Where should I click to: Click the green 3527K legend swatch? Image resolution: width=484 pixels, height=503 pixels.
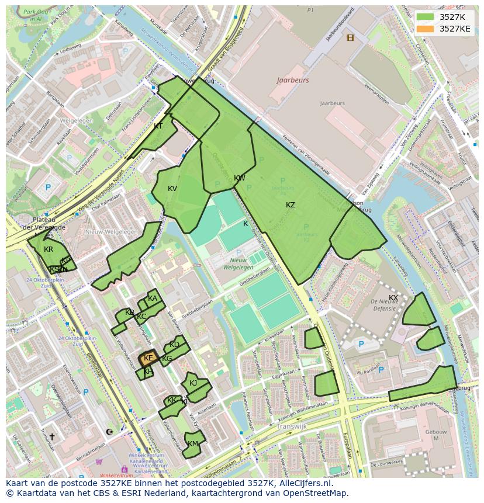pos(426,17)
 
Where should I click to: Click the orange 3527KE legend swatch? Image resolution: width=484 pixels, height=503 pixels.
pos(426,29)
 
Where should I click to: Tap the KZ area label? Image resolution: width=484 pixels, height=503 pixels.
pos(291,205)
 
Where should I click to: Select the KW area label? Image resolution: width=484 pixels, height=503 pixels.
pos(240,178)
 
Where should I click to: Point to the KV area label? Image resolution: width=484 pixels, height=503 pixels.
pos(172,189)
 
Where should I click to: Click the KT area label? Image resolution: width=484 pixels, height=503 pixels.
pos(158,126)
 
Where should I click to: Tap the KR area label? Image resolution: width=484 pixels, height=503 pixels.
pos(49,249)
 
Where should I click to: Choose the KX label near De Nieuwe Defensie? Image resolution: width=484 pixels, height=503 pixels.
pos(393,298)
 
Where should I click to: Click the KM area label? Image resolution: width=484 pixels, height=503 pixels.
pos(193,444)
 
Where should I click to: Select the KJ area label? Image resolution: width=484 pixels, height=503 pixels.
pos(193,383)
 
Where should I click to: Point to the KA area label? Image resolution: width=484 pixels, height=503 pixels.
pos(153,299)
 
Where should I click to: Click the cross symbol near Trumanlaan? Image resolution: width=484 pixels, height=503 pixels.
pos(51,436)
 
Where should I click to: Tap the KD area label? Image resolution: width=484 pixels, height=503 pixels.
pos(174,345)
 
